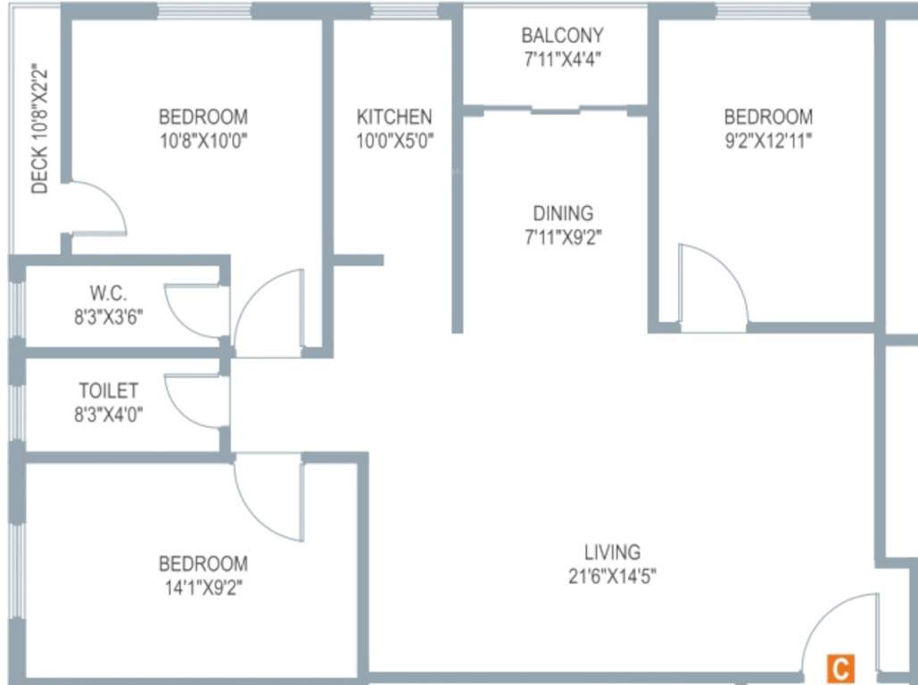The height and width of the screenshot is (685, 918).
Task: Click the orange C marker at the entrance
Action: point(839,667)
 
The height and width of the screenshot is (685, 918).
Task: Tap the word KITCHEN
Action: point(394,117)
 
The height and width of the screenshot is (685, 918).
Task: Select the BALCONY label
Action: point(562,36)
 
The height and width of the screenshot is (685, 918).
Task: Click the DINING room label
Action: point(562,213)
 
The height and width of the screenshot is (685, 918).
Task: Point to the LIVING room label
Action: point(612,552)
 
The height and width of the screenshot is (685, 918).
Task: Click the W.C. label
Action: point(108,293)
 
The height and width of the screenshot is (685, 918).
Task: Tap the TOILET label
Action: point(109,391)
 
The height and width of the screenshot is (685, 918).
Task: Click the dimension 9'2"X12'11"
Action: point(768,140)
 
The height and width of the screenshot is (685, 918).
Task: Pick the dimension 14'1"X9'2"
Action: point(203,587)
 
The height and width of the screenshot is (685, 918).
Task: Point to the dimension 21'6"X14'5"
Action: point(612,576)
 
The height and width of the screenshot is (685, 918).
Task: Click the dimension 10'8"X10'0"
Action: point(203,140)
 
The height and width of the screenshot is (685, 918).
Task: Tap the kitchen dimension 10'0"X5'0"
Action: point(394,140)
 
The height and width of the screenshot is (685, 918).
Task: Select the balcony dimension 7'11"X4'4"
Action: point(562,59)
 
